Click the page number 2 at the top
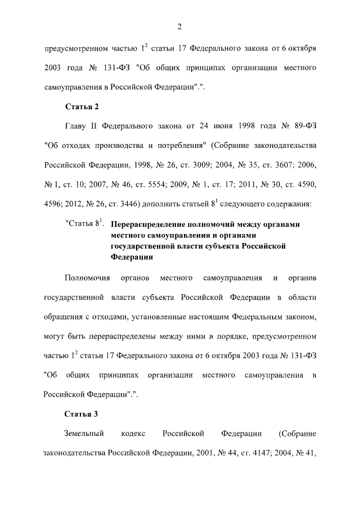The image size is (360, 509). [x=179, y=25]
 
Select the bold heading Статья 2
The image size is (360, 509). [x=82, y=106]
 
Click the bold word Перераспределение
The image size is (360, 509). [x=149, y=224]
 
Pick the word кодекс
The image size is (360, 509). [x=133, y=434]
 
